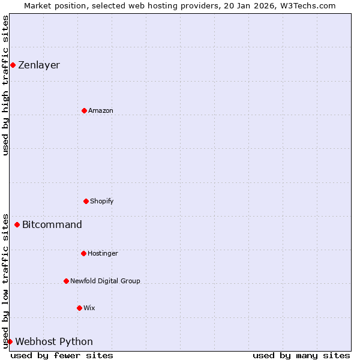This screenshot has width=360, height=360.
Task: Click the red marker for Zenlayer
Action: (13, 65)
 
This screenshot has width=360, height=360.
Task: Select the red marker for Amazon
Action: (84, 110)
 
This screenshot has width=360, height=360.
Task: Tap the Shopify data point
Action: (86, 201)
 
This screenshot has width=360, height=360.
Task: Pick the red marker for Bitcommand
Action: (17, 225)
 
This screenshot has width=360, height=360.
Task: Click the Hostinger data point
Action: (83, 253)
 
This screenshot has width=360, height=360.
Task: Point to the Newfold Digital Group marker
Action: (66, 281)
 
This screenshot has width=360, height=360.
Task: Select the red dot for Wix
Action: (79, 308)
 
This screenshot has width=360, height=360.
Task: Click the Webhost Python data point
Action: (10, 341)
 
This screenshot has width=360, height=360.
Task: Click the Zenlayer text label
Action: (39, 65)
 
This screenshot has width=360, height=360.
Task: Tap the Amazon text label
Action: (101, 111)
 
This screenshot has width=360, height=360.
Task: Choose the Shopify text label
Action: (102, 202)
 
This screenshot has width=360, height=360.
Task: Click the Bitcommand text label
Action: (52, 225)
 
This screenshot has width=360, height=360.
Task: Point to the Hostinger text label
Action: (103, 254)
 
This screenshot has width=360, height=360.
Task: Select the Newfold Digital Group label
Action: (105, 281)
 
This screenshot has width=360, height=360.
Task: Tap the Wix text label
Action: (89, 308)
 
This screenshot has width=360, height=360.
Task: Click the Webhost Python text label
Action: (54, 342)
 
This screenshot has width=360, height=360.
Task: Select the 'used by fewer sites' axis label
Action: (62, 356)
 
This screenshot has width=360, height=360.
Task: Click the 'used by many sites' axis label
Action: (301, 356)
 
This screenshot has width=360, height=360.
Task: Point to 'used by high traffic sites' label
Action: (5, 85)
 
